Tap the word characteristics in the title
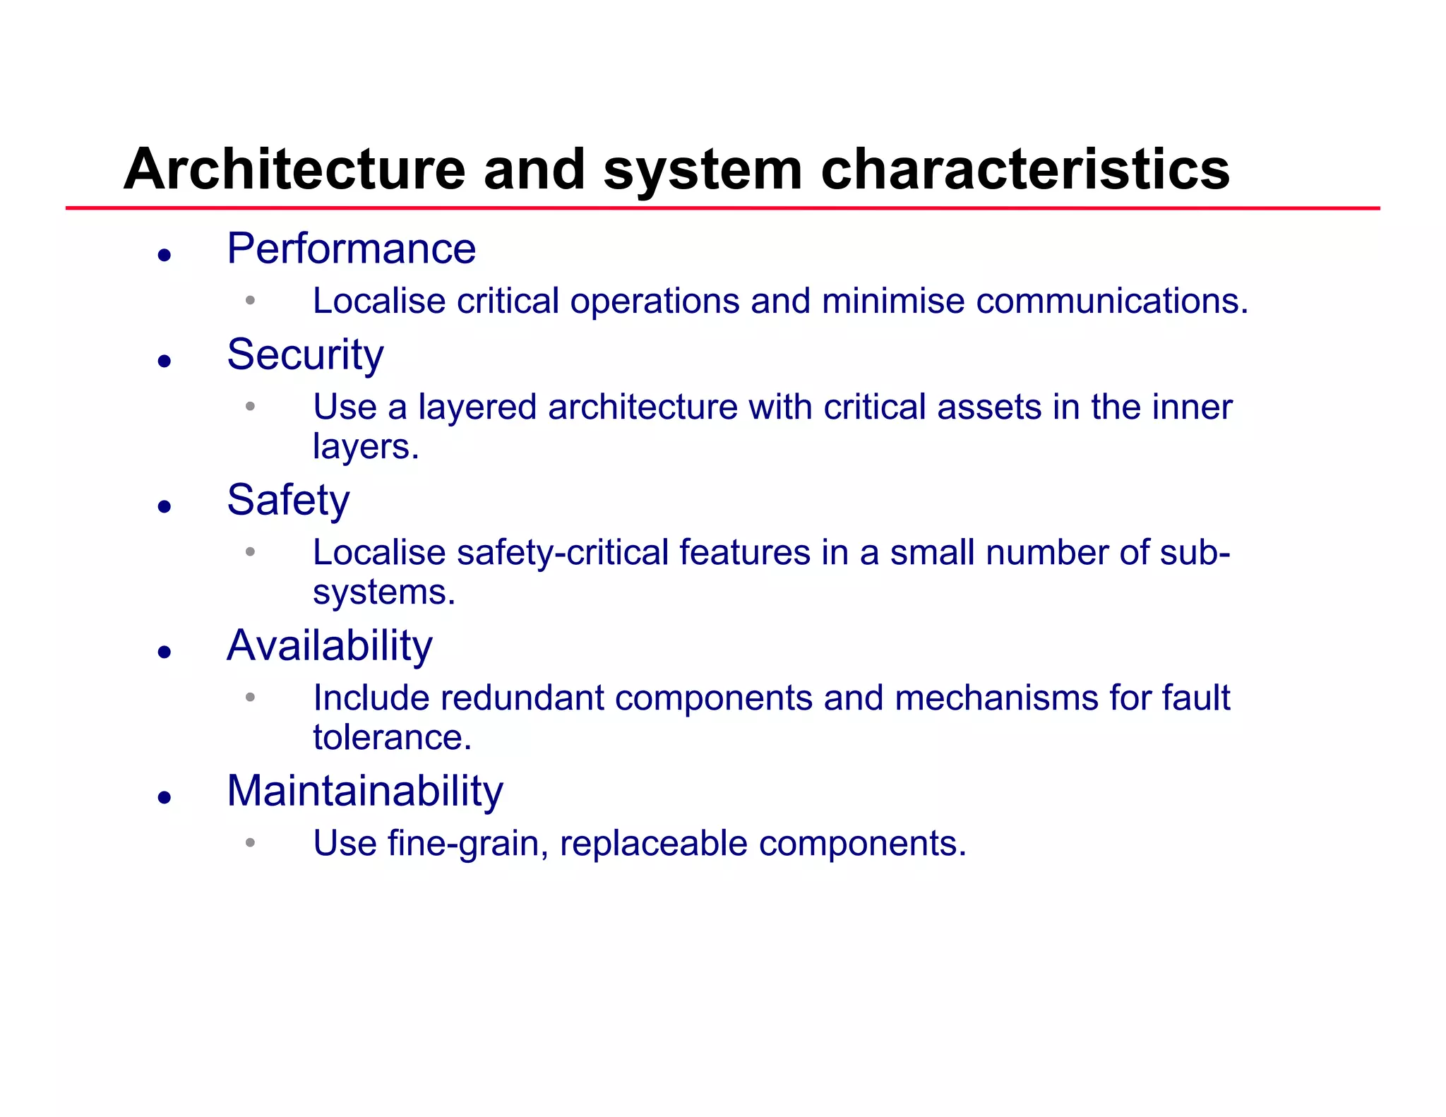pyautogui.click(x=1025, y=169)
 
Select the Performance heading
pyautogui.click(x=351, y=249)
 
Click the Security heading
pyautogui.click(x=305, y=354)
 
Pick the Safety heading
pyautogui.click(x=288, y=500)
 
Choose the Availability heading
pyautogui.click(x=329, y=645)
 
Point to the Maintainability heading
pyautogui.click(x=364, y=791)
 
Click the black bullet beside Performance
pyautogui.click(x=165, y=255)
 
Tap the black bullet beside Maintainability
pyautogui.click(x=165, y=798)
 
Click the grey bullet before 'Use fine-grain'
pyautogui.click(x=250, y=842)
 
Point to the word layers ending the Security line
pyautogui.click(x=365, y=447)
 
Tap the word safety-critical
pyautogui.click(x=562, y=553)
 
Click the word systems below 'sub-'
pyautogui.click(x=383, y=592)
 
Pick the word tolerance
pyautogui.click(x=392, y=738)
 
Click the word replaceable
pyautogui.click(x=653, y=844)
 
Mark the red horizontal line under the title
pyautogui.click(x=722, y=208)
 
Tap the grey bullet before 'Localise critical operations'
pyautogui.click(x=250, y=301)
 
